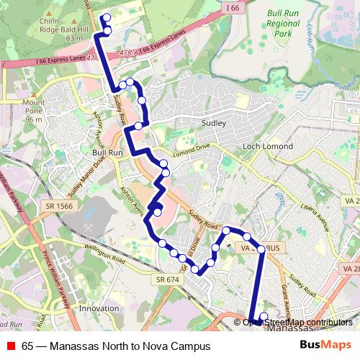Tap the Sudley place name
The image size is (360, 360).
(x=215, y=123)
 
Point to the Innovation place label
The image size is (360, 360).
(x=99, y=308)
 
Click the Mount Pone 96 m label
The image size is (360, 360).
(x=34, y=110)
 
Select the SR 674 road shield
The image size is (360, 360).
(x=166, y=279)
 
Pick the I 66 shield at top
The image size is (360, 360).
(x=232, y=7)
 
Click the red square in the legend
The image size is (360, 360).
(x=11, y=346)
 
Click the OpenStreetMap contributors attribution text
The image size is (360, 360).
(x=297, y=322)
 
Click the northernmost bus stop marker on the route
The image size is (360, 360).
(x=107, y=17)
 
